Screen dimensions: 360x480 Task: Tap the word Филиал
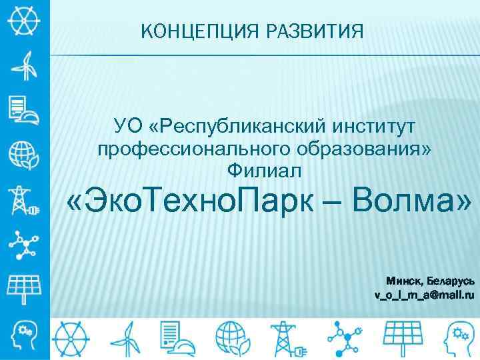(265, 171)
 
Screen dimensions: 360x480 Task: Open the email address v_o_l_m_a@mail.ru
(424, 294)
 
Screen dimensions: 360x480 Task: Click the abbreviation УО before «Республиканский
(129, 125)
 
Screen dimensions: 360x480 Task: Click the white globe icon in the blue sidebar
(24, 155)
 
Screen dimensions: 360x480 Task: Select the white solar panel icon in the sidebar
(24, 287)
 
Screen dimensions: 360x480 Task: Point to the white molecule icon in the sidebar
(24, 243)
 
